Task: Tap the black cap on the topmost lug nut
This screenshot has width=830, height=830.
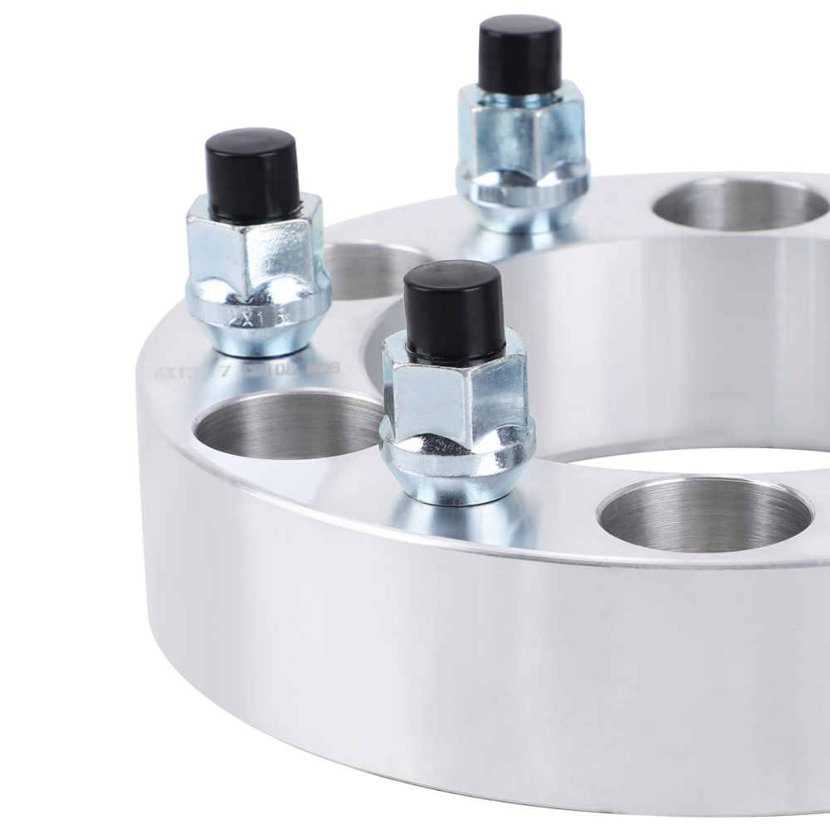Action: pyautogui.click(x=520, y=53)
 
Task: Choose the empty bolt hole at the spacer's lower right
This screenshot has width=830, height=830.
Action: pyautogui.click(x=705, y=515)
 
